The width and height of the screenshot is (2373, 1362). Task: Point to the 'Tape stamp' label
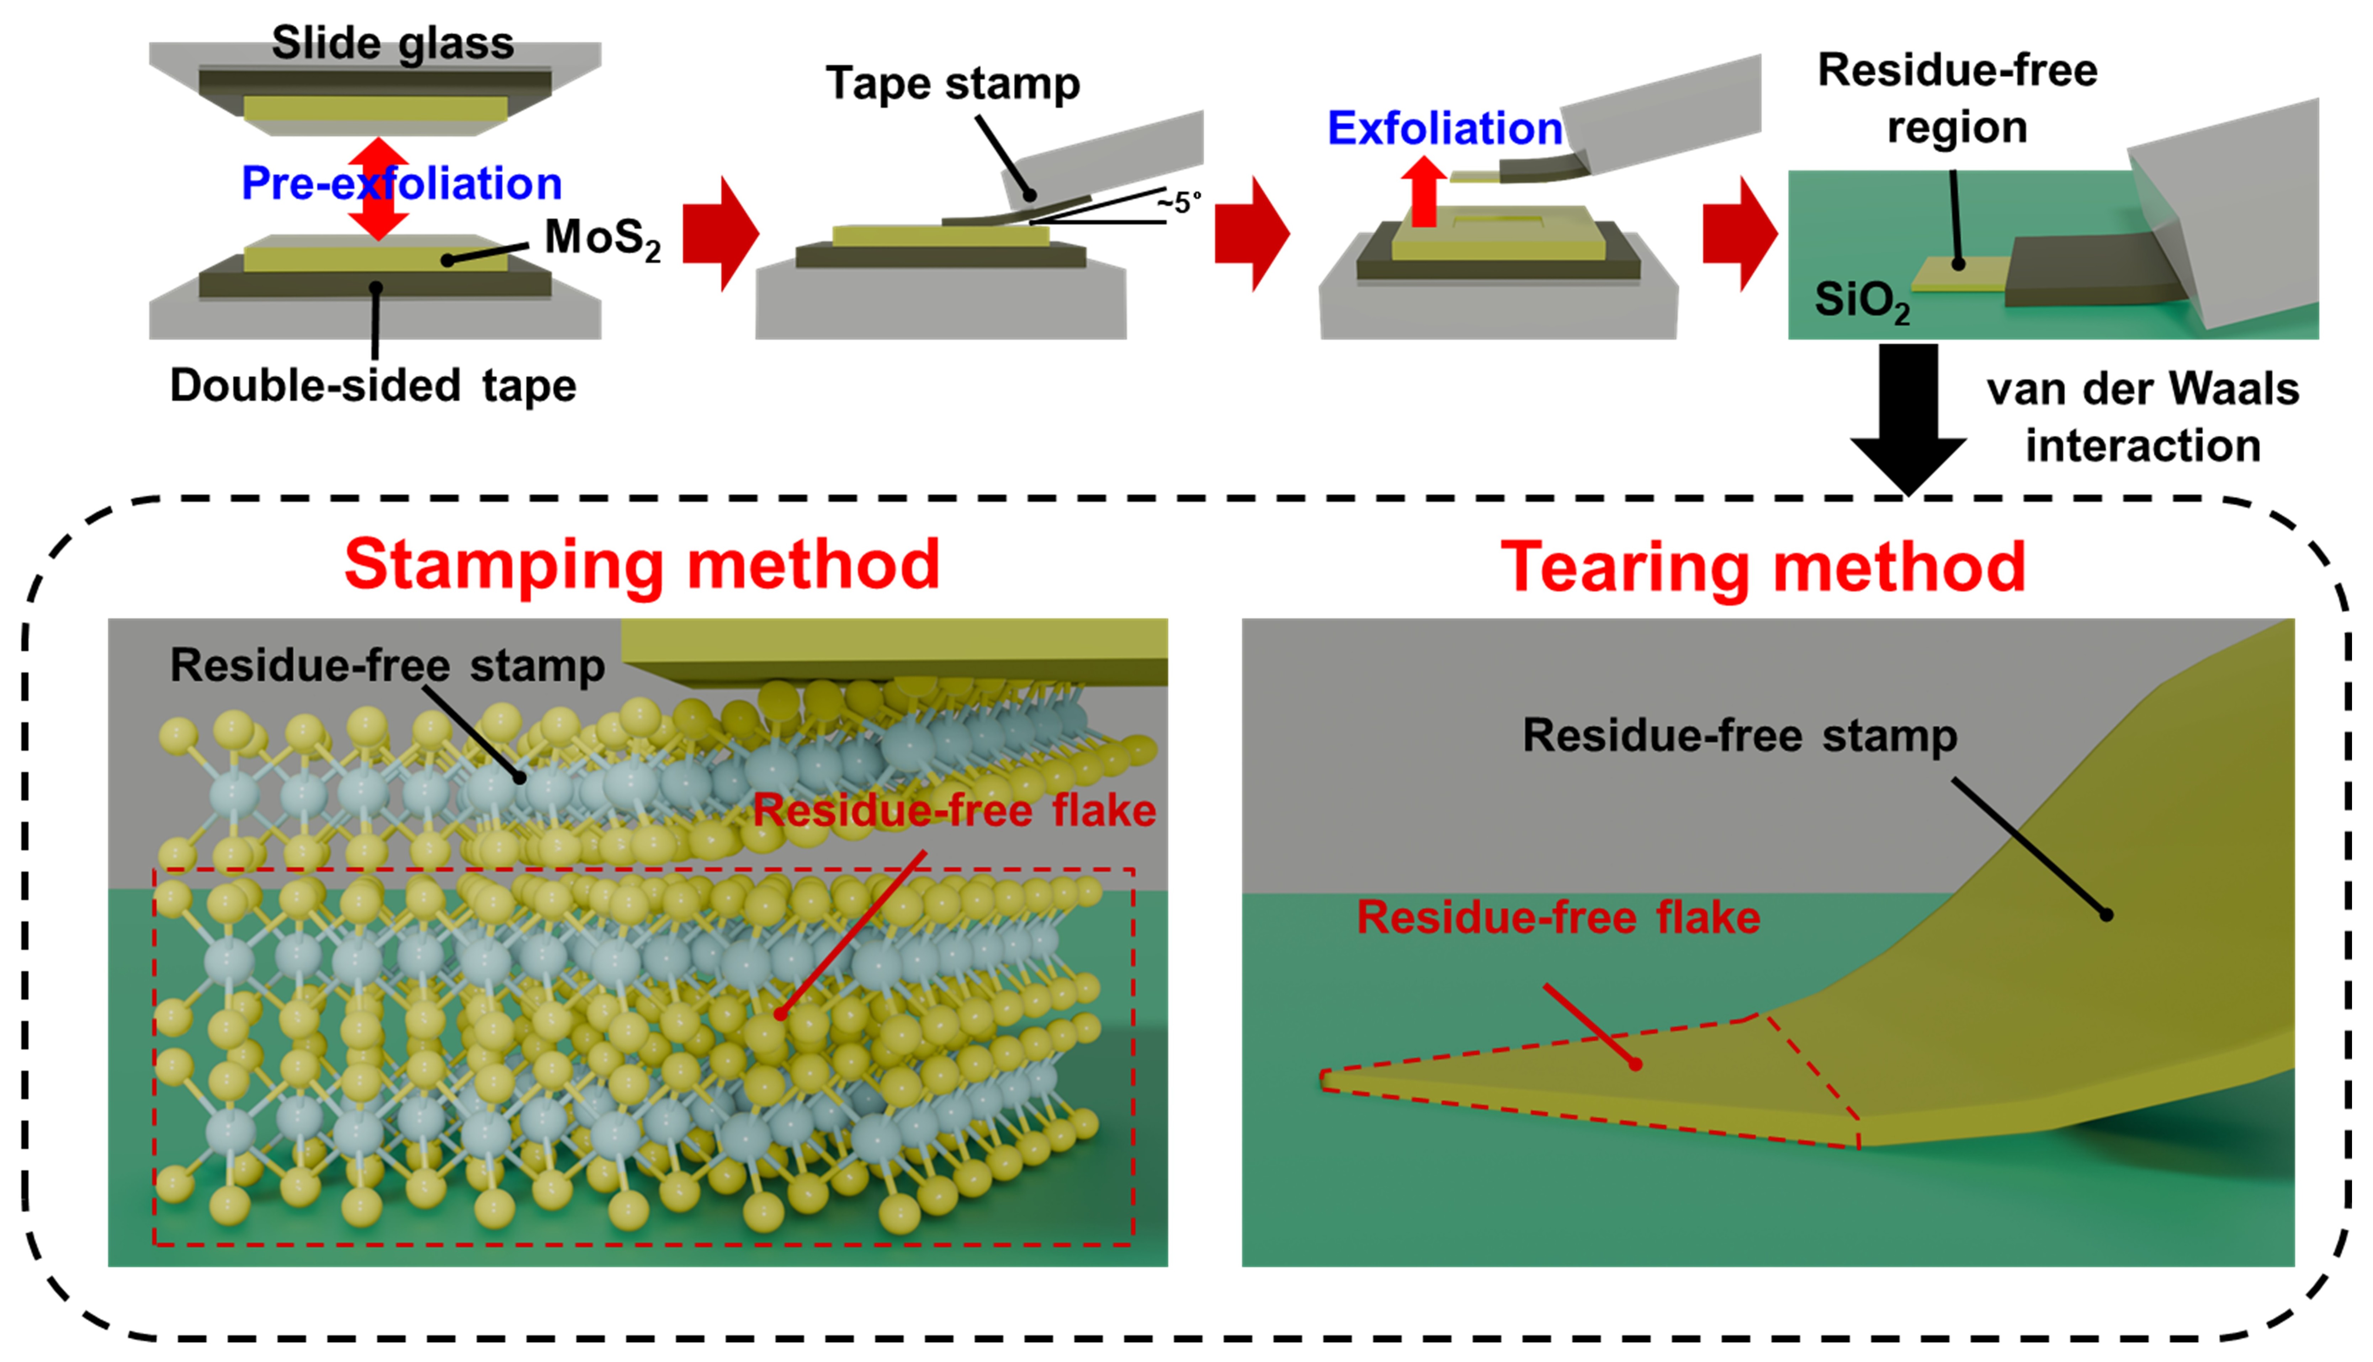(952, 84)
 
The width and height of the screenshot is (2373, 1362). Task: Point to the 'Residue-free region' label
(1957, 98)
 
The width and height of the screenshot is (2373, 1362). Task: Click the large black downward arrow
(1908, 416)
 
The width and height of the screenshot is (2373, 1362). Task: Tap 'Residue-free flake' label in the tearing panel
(1558, 917)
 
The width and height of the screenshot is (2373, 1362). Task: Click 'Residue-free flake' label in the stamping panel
(954, 810)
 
